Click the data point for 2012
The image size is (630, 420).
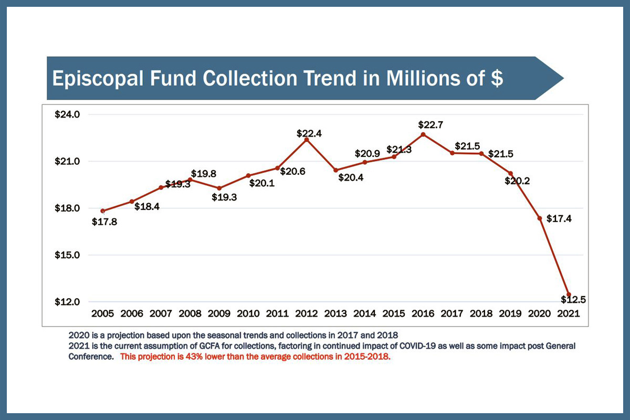[307, 139]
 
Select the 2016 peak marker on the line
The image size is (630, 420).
[423, 134]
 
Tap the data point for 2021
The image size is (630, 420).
[569, 294]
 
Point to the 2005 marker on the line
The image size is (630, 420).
[103, 211]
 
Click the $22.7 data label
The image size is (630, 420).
[428, 125]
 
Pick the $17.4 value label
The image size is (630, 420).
[559, 218]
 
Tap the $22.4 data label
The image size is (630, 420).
[309, 134]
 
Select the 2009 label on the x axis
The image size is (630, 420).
[219, 313]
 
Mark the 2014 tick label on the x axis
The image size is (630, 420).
[365, 313]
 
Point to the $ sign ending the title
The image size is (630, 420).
[496, 78]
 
